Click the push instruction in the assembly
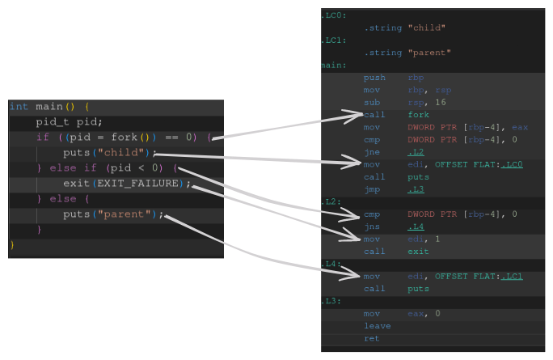point(374,78)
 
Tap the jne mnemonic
point(372,151)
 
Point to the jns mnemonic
point(372,227)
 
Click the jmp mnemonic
point(372,189)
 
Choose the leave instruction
point(378,326)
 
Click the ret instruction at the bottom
point(372,339)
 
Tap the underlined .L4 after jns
point(416,227)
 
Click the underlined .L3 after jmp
point(416,189)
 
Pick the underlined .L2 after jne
point(416,151)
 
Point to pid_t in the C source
point(49,122)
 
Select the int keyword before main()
point(19,107)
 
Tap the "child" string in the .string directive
point(428,28)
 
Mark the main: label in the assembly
point(334,65)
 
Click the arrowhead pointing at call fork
point(354,117)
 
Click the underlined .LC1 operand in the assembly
point(511,277)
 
